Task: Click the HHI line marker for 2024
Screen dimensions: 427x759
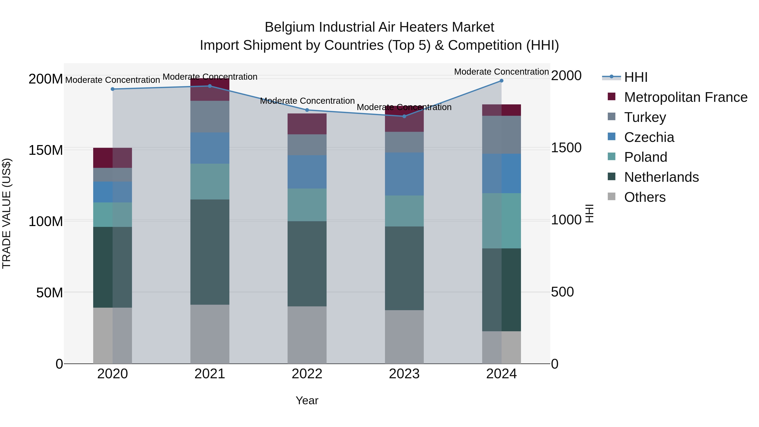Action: (x=502, y=81)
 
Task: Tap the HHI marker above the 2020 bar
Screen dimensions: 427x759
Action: (x=113, y=89)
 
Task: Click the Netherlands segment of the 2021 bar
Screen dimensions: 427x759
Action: (x=210, y=252)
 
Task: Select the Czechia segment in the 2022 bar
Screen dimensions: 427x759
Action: (x=307, y=172)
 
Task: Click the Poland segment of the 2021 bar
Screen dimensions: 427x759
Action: (x=210, y=182)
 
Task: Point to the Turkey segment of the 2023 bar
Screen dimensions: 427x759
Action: (x=404, y=142)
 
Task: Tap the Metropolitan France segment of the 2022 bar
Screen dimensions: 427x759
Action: (x=307, y=124)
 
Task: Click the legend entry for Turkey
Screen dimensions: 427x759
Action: (x=645, y=117)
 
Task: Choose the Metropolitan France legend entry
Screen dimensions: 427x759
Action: (x=686, y=97)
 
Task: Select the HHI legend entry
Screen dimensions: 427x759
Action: (x=636, y=77)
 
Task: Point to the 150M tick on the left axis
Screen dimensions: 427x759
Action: (x=46, y=150)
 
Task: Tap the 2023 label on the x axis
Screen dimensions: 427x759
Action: (x=404, y=374)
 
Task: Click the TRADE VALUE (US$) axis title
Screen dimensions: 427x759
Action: (x=7, y=213)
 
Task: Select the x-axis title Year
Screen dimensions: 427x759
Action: (x=307, y=400)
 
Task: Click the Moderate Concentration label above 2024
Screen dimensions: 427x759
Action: (x=502, y=72)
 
